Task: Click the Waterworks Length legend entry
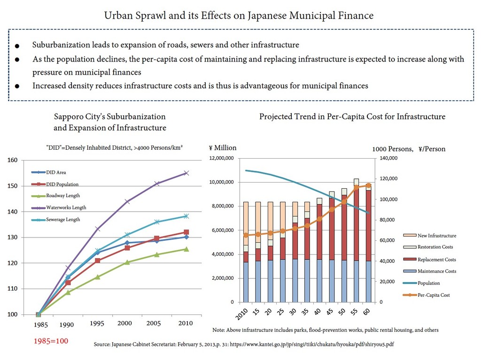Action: click(x=59, y=207)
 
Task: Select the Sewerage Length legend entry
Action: click(x=56, y=220)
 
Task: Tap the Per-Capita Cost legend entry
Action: click(x=427, y=295)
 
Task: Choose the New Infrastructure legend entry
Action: click(x=429, y=236)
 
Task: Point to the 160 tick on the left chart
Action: click(x=13, y=160)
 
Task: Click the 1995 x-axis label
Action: click(x=97, y=323)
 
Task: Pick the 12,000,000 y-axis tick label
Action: click(x=222, y=158)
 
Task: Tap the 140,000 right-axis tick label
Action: click(x=388, y=158)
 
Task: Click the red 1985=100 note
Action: click(x=51, y=341)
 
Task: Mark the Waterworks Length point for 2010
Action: click(x=186, y=173)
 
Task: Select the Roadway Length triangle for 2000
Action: click(x=127, y=262)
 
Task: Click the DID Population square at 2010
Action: click(x=186, y=232)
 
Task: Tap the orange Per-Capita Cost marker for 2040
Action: click(x=319, y=219)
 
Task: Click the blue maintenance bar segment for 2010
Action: click(x=246, y=282)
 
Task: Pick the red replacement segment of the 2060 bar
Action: click(x=368, y=226)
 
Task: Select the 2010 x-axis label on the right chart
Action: click(x=242, y=314)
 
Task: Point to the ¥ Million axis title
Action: click(x=223, y=148)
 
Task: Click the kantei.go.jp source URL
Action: click(x=312, y=345)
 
